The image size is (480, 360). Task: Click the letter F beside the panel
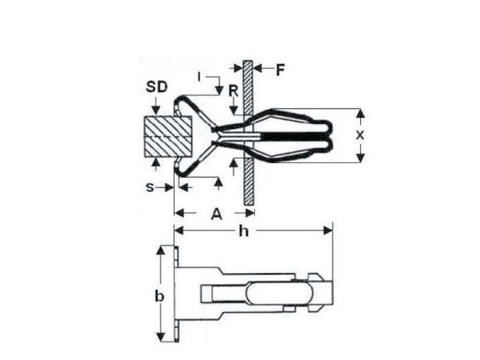coord(280,70)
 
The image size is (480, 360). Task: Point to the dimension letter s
coord(150,187)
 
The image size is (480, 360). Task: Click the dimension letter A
coord(215,214)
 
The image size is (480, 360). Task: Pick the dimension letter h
coord(242,233)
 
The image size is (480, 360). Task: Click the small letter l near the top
coord(199,76)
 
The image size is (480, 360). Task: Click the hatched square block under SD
coord(167,137)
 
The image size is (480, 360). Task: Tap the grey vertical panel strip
coord(247,132)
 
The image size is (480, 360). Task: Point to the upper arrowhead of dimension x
coord(361,113)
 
